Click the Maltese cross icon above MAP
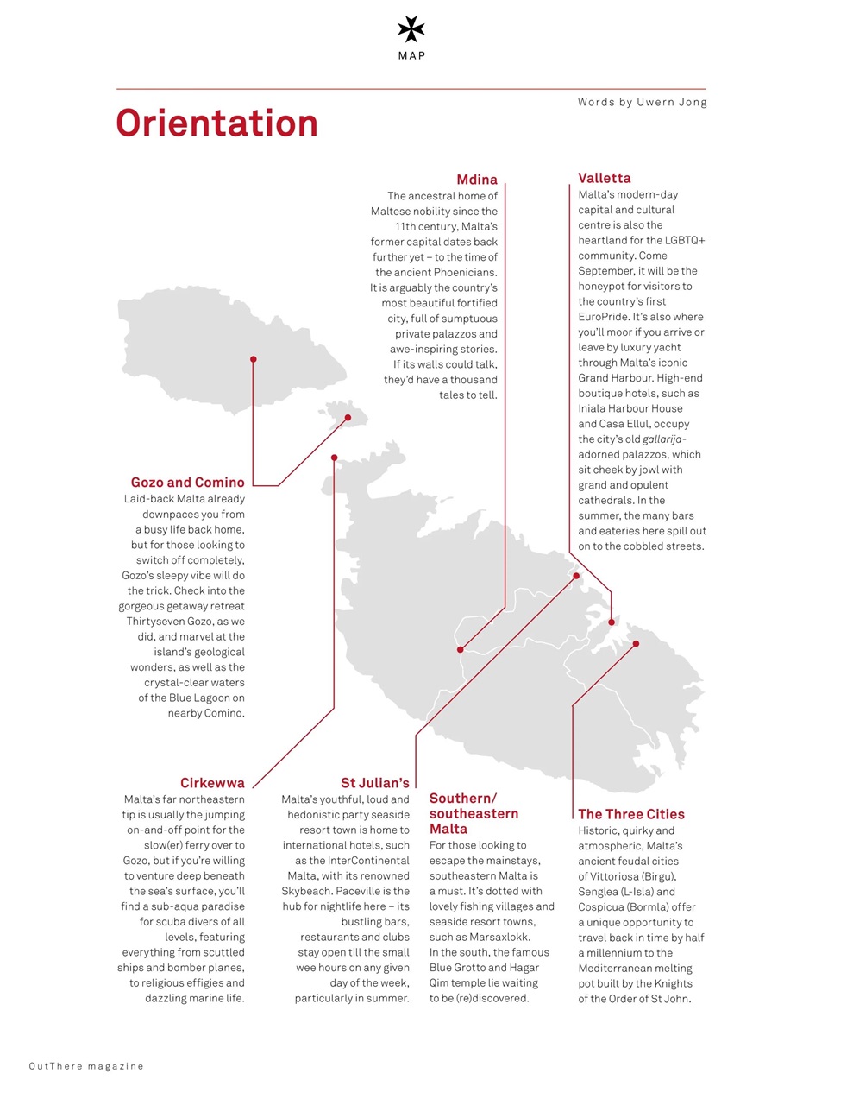[x=411, y=29]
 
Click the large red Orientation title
[x=217, y=123]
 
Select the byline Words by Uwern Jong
[x=642, y=102]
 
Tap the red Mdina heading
[x=477, y=180]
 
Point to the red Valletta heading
[x=604, y=178]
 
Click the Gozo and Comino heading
[x=187, y=483]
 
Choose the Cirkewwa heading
[x=212, y=783]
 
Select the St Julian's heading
[x=374, y=783]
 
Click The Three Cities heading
[x=630, y=814]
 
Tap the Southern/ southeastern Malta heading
[x=474, y=813]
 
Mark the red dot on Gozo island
[x=253, y=359]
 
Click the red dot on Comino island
[x=348, y=418]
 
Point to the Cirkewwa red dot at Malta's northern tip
[x=334, y=458]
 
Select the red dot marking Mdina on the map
[x=461, y=649]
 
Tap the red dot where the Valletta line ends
[x=612, y=622]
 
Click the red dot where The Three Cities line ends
[x=636, y=643]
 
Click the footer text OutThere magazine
[x=86, y=1066]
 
